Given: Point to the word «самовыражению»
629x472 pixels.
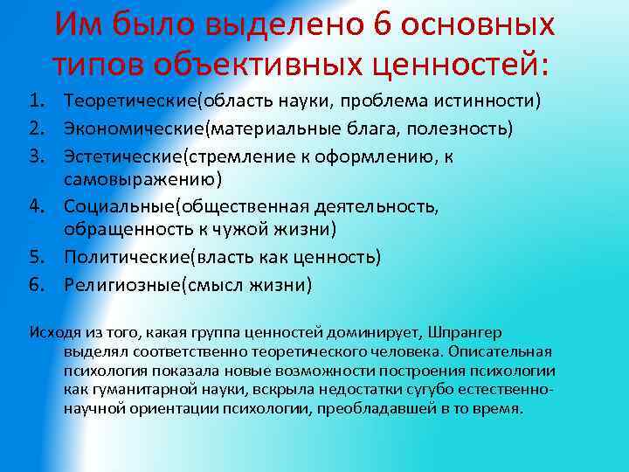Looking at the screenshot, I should (140, 180).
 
